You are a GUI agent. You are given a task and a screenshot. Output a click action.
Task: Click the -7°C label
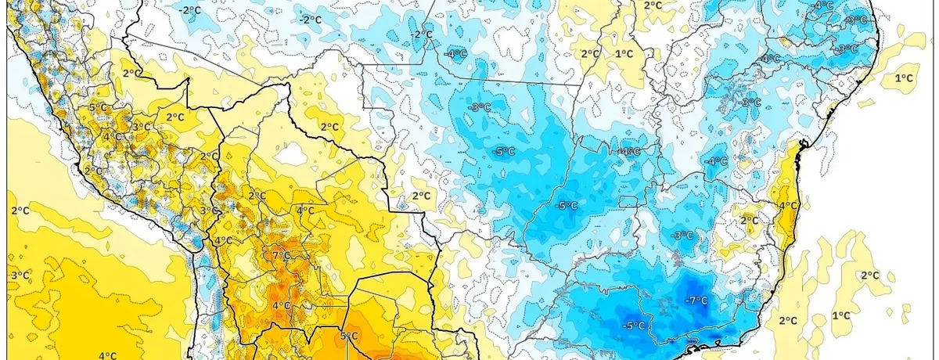coord(696,301)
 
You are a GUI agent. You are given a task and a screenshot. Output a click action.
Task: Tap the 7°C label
coord(281,256)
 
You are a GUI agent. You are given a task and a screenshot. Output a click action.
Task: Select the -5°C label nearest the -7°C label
coord(634,326)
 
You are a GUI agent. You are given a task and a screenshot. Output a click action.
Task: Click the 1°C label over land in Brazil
coord(624,53)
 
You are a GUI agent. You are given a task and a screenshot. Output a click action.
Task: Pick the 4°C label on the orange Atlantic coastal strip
coord(788,206)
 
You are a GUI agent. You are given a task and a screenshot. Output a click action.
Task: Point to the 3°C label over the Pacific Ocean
coord(20,275)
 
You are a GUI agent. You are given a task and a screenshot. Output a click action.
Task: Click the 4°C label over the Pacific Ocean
coord(107,355)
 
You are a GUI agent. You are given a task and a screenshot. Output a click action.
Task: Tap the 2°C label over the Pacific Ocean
coord(20,211)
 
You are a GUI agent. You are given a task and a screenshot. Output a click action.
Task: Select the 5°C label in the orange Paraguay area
coord(349,337)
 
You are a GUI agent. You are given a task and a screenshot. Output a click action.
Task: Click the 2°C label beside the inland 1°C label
coord(589,53)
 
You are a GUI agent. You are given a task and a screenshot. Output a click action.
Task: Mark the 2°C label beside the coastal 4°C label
coord(749,220)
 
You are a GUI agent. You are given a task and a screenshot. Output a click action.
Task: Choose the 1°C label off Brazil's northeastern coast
coord(905,78)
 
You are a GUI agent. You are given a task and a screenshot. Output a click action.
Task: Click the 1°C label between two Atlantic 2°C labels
coord(841,315)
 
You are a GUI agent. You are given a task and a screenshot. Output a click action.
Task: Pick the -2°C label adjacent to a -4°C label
coord(423,35)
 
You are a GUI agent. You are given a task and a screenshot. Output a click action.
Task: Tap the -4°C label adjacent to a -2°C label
coord(456,54)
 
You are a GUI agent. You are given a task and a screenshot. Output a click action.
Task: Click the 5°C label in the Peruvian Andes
coord(98,107)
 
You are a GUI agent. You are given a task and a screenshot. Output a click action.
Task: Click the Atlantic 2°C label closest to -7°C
coord(788,320)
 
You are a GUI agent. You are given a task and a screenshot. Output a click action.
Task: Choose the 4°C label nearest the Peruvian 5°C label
coord(111,136)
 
